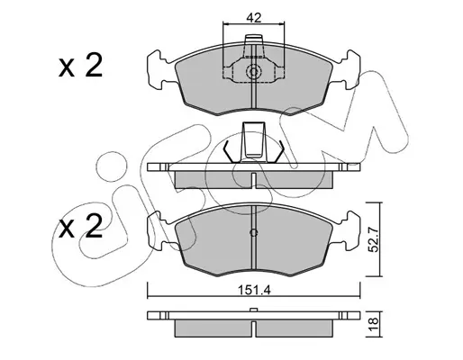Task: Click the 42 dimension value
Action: coord(254,17)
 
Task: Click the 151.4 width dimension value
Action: coord(254,290)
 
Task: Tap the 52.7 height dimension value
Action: coord(374,239)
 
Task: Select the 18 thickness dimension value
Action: coord(374,325)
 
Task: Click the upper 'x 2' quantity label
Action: coord(80,66)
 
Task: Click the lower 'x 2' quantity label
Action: coord(80,227)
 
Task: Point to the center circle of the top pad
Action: coord(254,72)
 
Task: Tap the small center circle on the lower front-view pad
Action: coord(254,232)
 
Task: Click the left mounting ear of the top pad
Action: coord(159,70)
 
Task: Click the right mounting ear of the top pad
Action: coord(350,69)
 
